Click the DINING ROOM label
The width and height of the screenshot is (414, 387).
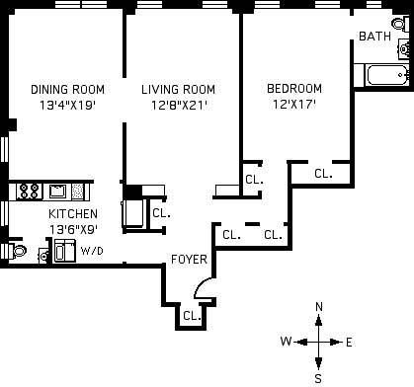pyautogui.click(x=67, y=90)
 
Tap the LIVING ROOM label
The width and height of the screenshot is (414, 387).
pyautogui.click(x=178, y=90)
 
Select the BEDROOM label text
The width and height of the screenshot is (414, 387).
pyautogui.click(x=294, y=89)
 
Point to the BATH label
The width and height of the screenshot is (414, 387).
pyautogui.click(x=374, y=37)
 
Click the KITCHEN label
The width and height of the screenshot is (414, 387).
pyautogui.click(x=73, y=214)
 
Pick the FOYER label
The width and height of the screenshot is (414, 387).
pyautogui.click(x=189, y=260)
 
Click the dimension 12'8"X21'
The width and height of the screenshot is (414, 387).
pyautogui.click(x=179, y=106)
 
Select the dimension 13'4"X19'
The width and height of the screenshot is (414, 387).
pyautogui.click(x=68, y=106)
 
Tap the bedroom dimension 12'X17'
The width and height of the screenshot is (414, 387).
pyautogui.click(x=294, y=105)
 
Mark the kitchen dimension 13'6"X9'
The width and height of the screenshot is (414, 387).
pyautogui.click(x=73, y=229)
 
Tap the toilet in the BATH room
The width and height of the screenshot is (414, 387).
pyautogui.click(x=399, y=24)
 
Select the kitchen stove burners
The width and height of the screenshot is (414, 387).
pyautogui.click(x=30, y=191)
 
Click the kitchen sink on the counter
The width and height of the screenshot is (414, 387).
pyautogui.click(x=57, y=191)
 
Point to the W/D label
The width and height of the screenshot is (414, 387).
pyautogui.click(x=92, y=251)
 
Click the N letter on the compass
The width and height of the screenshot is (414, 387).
pyautogui.click(x=319, y=307)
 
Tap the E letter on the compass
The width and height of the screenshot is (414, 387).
pyautogui.click(x=349, y=343)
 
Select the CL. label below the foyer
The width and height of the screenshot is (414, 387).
pyautogui.click(x=192, y=316)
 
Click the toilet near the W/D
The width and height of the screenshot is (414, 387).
pyautogui.click(x=18, y=252)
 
